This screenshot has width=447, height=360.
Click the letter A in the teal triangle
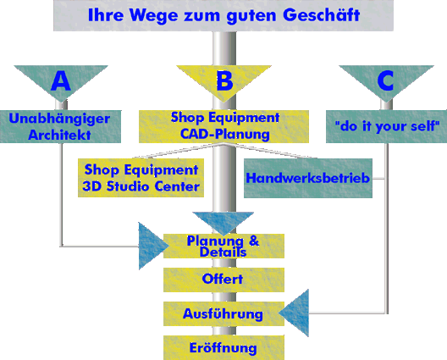(x=61, y=80)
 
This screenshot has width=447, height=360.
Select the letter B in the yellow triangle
(x=224, y=80)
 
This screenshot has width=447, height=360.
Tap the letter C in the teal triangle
(x=385, y=80)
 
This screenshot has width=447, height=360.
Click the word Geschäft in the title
(x=322, y=15)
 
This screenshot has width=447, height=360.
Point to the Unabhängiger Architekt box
(x=60, y=126)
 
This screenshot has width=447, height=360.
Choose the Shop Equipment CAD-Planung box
(x=223, y=126)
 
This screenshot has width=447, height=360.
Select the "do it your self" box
(x=386, y=126)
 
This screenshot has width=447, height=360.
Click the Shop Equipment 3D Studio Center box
(x=141, y=178)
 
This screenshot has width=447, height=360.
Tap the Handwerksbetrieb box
(x=308, y=178)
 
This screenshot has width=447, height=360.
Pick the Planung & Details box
(x=223, y=246)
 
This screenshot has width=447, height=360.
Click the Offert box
(x=223, y=280)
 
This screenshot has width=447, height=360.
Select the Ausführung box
(x=223, y=313)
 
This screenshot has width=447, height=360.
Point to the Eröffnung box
(x=223, y=347)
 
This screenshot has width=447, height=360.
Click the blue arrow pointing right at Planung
(x=151, y=246)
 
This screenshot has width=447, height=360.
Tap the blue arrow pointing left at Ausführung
(x=296, y=313)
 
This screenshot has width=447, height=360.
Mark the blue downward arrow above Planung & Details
(x=223, y=221)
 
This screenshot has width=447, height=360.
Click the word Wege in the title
(x=154, y=15)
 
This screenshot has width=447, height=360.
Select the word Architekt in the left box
(x=59, y=135)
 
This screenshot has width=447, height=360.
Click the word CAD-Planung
(x=225, y=134)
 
